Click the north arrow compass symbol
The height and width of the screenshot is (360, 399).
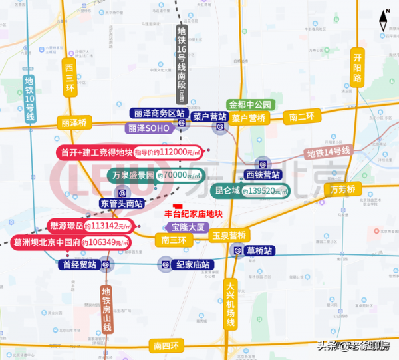385,19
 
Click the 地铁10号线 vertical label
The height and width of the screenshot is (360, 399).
29,100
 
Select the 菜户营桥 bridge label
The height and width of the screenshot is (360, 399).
249,118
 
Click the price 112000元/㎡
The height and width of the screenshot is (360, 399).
174,153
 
